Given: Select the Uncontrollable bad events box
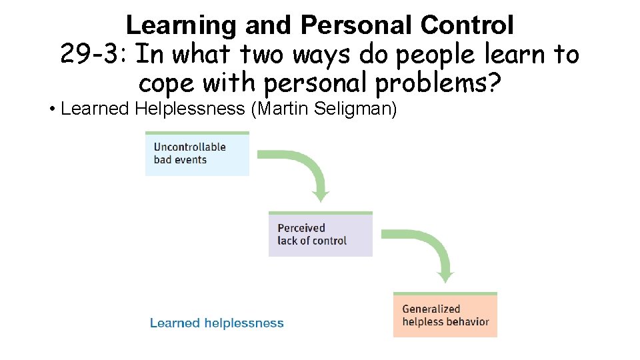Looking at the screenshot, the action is pos(197,154).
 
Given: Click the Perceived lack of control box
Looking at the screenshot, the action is pos(320,234).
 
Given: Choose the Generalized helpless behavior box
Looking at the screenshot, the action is pos(445,315).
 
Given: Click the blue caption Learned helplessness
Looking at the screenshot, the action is pos(217,323).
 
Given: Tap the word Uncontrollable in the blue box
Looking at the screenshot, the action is pos(190,147).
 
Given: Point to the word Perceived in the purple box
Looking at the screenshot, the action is pos(301,228).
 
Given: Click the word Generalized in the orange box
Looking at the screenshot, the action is pos(431,309).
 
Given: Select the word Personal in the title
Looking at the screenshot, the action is pos(357,25).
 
